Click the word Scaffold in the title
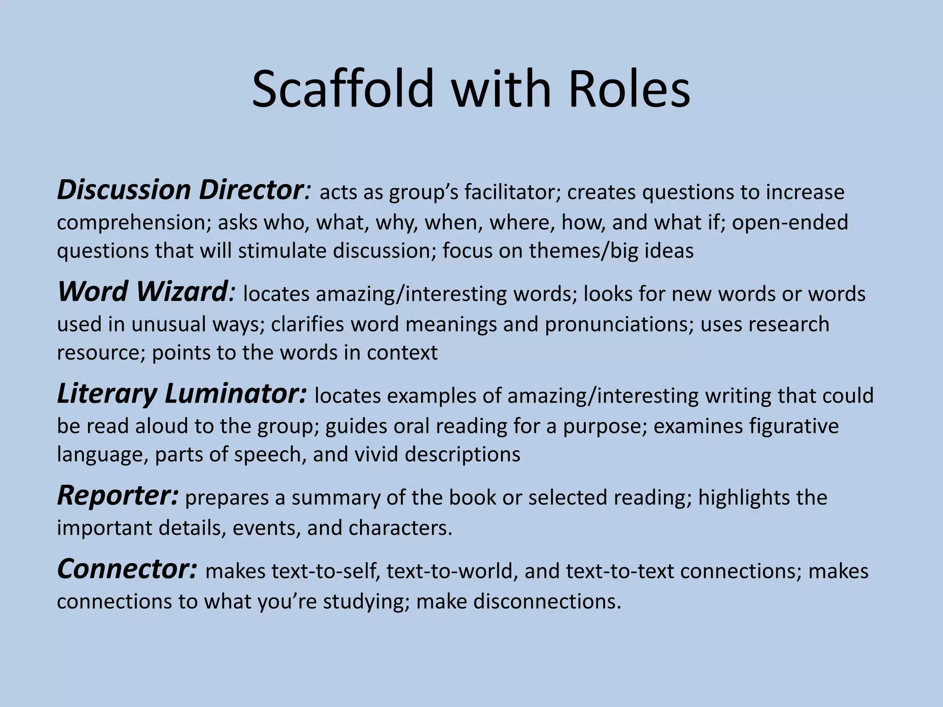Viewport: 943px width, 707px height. [x=343, y=88]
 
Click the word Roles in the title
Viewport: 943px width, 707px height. [x=629, y=88]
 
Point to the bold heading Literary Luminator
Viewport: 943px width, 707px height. [x=181, y=394]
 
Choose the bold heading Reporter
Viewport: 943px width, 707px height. [x=117, y=496]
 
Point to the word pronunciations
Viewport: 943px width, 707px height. [x=619, y=324]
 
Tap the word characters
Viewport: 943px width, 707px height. [x=400, y=527]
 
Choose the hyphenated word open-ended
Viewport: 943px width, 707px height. [x=790, y=223]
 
